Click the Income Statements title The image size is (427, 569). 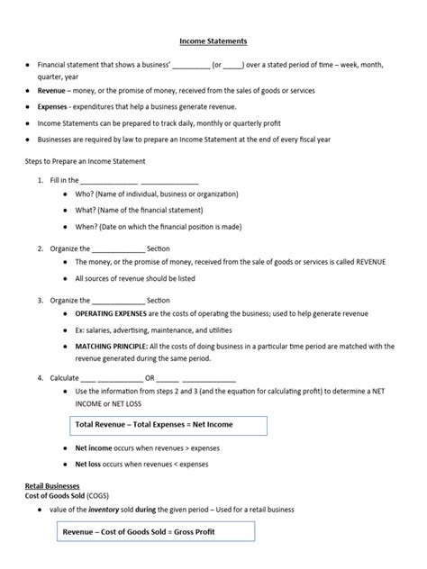coord(212,41)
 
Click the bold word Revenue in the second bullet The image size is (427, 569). coord(51,92)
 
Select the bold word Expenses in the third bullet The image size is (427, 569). coord(53,107)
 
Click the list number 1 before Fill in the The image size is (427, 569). coord(41,180)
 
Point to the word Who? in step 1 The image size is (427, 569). coord(86,194)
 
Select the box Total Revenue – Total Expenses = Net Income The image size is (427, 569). coord(168,426)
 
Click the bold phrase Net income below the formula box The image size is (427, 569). coord(95,447)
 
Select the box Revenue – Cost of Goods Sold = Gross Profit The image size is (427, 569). coord(150,532)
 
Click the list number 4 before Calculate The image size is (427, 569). coord(41,377)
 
